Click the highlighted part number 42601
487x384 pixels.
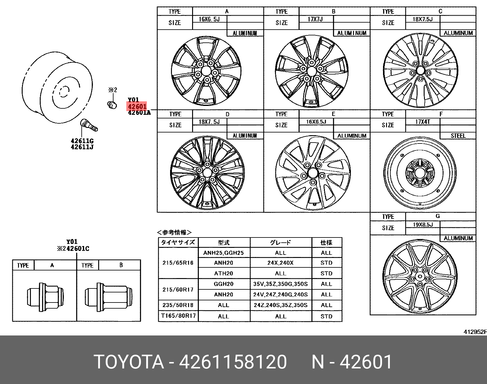pos(137,106)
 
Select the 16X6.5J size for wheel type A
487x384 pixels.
pos(209,19)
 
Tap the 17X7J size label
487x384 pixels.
pos(315,19)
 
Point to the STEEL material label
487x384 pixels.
pos(458,136)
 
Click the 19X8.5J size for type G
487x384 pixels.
pos(423,225)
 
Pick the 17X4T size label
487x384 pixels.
pos(422,122)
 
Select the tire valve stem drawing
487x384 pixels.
pos(89,125)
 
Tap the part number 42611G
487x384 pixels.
pos(82,141)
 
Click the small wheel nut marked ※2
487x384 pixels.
pos(112,105)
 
